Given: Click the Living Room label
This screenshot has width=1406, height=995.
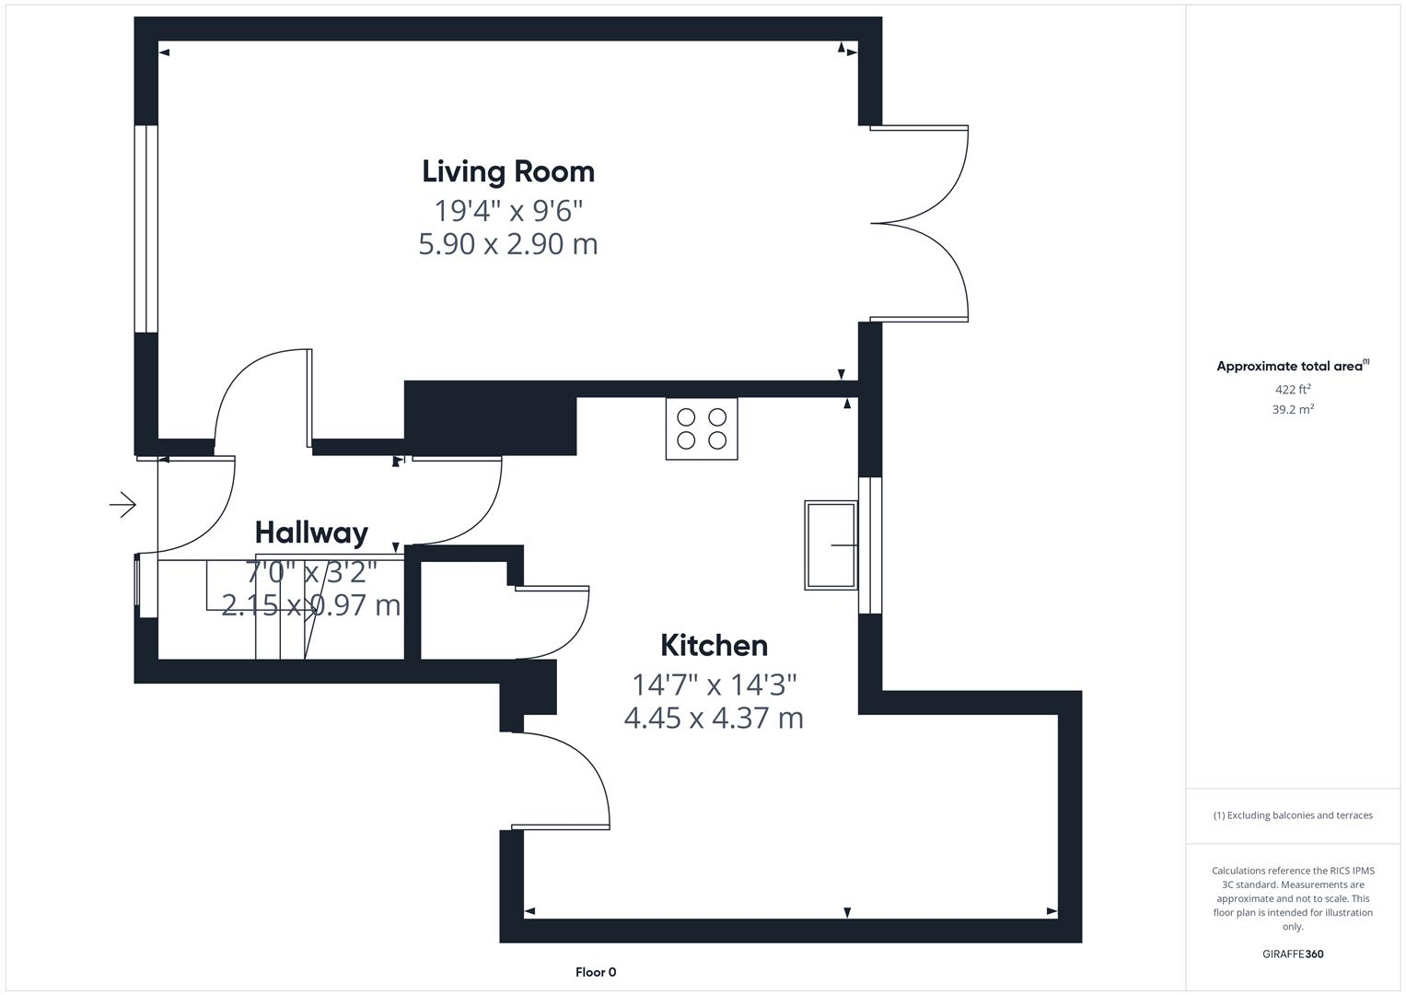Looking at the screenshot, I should [508, 171].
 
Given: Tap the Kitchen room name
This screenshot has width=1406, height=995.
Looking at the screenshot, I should [714, 645].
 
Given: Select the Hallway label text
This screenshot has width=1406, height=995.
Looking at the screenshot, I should [311, 533].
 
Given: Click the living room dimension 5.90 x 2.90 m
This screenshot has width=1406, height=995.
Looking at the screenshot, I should [508, 244].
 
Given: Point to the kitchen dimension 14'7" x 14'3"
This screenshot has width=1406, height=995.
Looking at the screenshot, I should [714, 685].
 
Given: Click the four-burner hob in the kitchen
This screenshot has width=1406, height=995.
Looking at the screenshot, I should [702, 428].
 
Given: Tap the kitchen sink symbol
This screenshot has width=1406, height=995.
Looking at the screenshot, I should [831, 545].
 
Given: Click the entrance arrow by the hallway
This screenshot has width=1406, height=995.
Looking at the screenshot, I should [122, 504].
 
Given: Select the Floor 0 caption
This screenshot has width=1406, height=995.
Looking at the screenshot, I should [596, 972].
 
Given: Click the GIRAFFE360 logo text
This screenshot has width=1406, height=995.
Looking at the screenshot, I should [1293, 954].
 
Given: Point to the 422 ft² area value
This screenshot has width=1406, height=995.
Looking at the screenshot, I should [1293, 390].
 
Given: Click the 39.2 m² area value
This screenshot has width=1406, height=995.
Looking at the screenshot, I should [1293, 410].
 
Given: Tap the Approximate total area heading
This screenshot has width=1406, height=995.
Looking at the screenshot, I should [1292, 367].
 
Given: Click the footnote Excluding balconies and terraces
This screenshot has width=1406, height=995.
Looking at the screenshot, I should [1293, 815].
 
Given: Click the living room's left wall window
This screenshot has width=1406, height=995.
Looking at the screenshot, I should [146, 228].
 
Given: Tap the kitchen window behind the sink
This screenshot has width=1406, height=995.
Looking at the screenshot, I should [870, 545].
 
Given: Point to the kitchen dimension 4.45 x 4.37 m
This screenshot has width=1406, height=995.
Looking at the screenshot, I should [714, 718].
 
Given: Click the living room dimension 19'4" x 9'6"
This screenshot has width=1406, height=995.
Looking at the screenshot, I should [508, 211].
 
